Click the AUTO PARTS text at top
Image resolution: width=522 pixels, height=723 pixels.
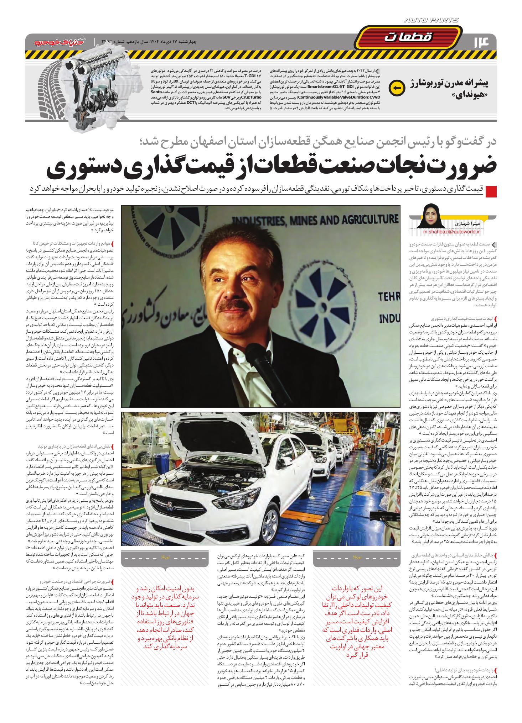[431, 21]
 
